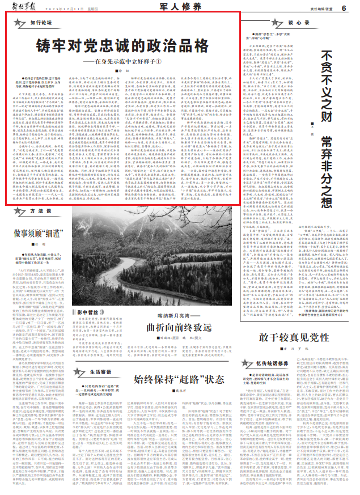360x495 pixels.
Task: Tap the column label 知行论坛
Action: pyautogui.click(x=41, y=23)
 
